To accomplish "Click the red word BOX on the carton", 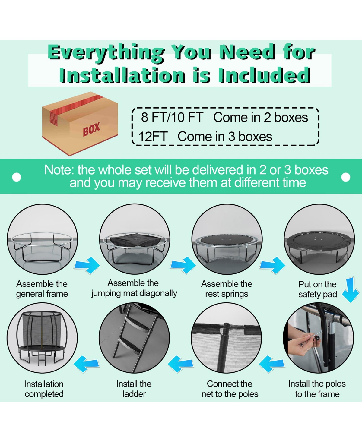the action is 91,129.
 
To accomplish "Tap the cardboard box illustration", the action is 80,124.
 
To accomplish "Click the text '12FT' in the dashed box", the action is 153,137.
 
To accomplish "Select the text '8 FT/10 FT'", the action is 172,117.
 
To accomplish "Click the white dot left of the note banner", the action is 17,177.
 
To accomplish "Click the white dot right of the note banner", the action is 346,177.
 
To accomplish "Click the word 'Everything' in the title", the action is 106,52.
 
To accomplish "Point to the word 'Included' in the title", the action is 264,75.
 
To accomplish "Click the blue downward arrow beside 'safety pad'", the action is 351,289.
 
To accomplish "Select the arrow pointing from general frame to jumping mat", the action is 87,265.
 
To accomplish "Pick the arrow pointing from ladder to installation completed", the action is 86,364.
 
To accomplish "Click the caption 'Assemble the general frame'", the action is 42,289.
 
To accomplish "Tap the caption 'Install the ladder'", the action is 134,389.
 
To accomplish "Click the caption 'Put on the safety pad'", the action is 318,289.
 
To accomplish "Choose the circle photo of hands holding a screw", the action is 318,338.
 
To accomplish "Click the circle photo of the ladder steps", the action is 134,338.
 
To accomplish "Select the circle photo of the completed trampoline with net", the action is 42,338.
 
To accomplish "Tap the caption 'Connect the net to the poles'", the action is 230,389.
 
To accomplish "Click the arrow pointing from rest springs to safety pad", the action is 272,265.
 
